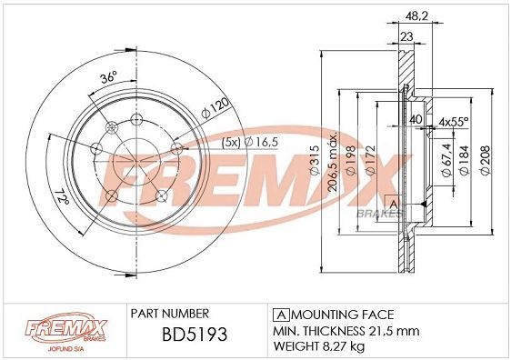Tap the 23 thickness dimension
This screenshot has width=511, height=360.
406,36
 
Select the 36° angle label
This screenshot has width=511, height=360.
107,78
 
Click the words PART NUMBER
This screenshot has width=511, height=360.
170,312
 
